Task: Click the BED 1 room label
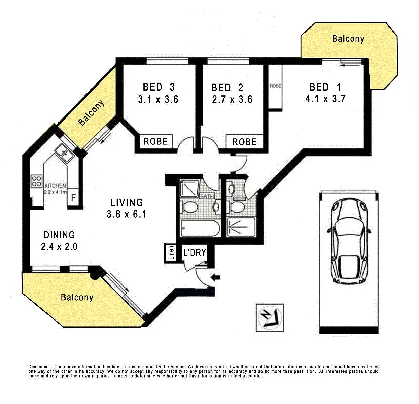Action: [x=325, y=87]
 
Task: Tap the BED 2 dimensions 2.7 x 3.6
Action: [x=232, y=100]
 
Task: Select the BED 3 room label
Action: [x=159, y=87]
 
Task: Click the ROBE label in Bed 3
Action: [x=155, y=141]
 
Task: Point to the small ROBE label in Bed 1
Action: [x=275, y=86]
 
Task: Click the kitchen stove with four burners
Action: [x=36, y=181]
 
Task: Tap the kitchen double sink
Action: [x=64, y=153]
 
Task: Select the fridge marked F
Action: [x=73, y=197]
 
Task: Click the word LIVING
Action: [x=127, y=203]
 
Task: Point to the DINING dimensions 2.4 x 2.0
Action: [x=59, y=247]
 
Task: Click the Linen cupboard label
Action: [x=171, y=253]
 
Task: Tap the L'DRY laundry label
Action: [x=195, y=252]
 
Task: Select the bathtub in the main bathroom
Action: [x=200, y=228]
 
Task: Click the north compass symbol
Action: [x=270, y=317]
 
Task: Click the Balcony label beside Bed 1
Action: [x=348, y=39]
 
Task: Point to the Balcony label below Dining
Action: [x=77, y=297]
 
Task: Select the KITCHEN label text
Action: [x=55, y=186]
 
